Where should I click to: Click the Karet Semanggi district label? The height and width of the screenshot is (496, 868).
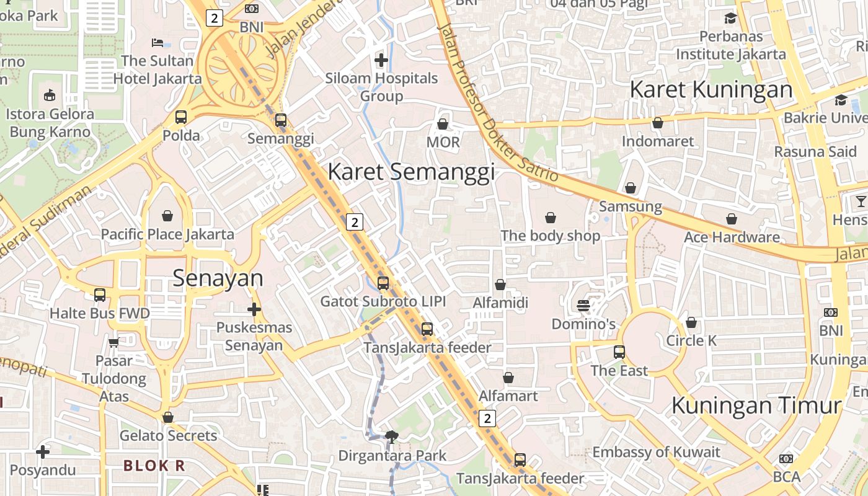tap(411, 172)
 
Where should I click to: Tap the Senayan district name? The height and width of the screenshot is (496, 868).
tap(218, 278)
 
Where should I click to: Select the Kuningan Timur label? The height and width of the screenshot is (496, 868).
tap(756, 405)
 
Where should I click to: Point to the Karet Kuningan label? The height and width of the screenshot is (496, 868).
tap(711, 89)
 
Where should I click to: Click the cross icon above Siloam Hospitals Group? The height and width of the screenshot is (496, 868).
tap(381, 60)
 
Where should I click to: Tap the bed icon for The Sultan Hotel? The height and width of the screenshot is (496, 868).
tap(157, 43)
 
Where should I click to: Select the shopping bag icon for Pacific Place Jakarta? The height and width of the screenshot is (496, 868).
tap(167, 216)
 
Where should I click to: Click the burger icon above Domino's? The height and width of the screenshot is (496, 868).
tap(583, 306)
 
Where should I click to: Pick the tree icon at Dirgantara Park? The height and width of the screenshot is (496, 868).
tap(392, 437)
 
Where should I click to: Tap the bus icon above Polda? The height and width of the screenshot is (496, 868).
tap(181, 117)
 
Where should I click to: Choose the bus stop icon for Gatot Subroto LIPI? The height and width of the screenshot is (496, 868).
tap(383, 283)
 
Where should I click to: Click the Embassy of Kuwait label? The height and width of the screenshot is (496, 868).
tap(656, 452)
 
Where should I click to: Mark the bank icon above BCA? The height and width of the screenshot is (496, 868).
tap(786, 459)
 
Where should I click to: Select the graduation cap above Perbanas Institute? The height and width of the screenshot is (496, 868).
tap(730, 18)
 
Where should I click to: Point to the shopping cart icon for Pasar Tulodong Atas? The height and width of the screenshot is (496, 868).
tap(113, 342)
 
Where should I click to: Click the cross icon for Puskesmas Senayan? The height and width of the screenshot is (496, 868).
tap(254, 309)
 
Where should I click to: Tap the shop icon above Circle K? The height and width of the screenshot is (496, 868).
tap(691, 322)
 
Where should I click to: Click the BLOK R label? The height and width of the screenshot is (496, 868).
tap(154, 466)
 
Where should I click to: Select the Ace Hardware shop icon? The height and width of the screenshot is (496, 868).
tap(732, 219)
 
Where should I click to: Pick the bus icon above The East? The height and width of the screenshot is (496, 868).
tap(619, 352)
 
